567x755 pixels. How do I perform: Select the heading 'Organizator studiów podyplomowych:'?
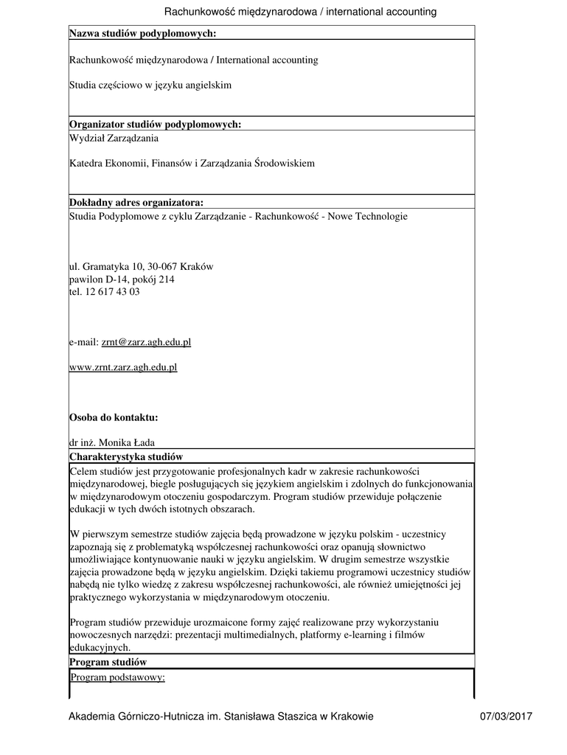tap(155, 125)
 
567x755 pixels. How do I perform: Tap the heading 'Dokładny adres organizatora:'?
tap(136, 203)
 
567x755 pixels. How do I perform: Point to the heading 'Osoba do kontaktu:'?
tap(114, 418)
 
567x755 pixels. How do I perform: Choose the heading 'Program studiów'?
tap(108, 663)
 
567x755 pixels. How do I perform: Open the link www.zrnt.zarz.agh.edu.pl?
tap(123, 367)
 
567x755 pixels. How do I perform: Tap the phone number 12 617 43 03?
tap(112, 292)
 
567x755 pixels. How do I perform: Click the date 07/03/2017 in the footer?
tap(505, 717)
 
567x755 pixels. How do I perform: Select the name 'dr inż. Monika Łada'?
tap(112, 444)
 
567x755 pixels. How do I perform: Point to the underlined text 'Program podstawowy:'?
tap(118, 677)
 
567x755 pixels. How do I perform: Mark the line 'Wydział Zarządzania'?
tap(114, 138)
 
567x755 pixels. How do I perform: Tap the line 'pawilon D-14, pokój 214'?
tap(122, 279)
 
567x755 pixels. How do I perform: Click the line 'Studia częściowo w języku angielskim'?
tap(150, 86)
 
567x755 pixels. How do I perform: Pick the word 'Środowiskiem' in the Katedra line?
tap(285, 164)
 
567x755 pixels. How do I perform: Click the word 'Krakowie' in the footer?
tap(352, 717)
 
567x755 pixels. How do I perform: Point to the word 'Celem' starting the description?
tap(84, 470)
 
